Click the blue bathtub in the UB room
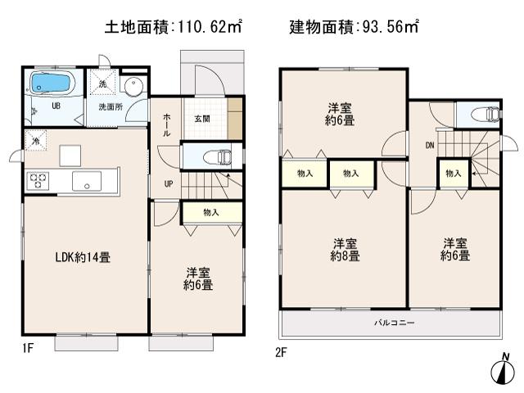(x=51, y=84)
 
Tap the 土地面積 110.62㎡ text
(x=173, y=27)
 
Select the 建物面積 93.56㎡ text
(x=354, y=27)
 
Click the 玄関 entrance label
(x=202, y=120)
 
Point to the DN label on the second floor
(x=430, y=147)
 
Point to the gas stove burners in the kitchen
(x=38, y=181)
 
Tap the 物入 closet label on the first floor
(x=211, y=213)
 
